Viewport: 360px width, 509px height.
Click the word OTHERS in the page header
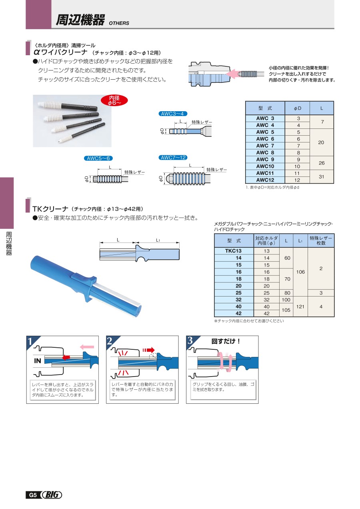click(x=119, y=23)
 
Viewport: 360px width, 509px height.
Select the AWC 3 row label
click(x=265, y=118)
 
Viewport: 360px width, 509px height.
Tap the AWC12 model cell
click(x=265, y=180)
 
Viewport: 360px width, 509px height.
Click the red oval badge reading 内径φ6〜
click(x=115, y=100)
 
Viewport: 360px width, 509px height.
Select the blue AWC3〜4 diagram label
click(x=173, y=114)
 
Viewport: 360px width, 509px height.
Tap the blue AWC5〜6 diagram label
click(x=97, y=158)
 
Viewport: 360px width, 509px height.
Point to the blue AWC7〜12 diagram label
click(x=173, y=158)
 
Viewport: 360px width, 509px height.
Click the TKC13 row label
click(x=234, y=251)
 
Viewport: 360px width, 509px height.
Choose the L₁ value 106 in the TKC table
click(x=300, y=272)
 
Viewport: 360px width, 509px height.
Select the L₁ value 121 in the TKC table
click(x=300, y=306)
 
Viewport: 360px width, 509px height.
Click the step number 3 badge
click(x=191, y=341)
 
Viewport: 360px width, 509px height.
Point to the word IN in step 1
click(x=38, y=361)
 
